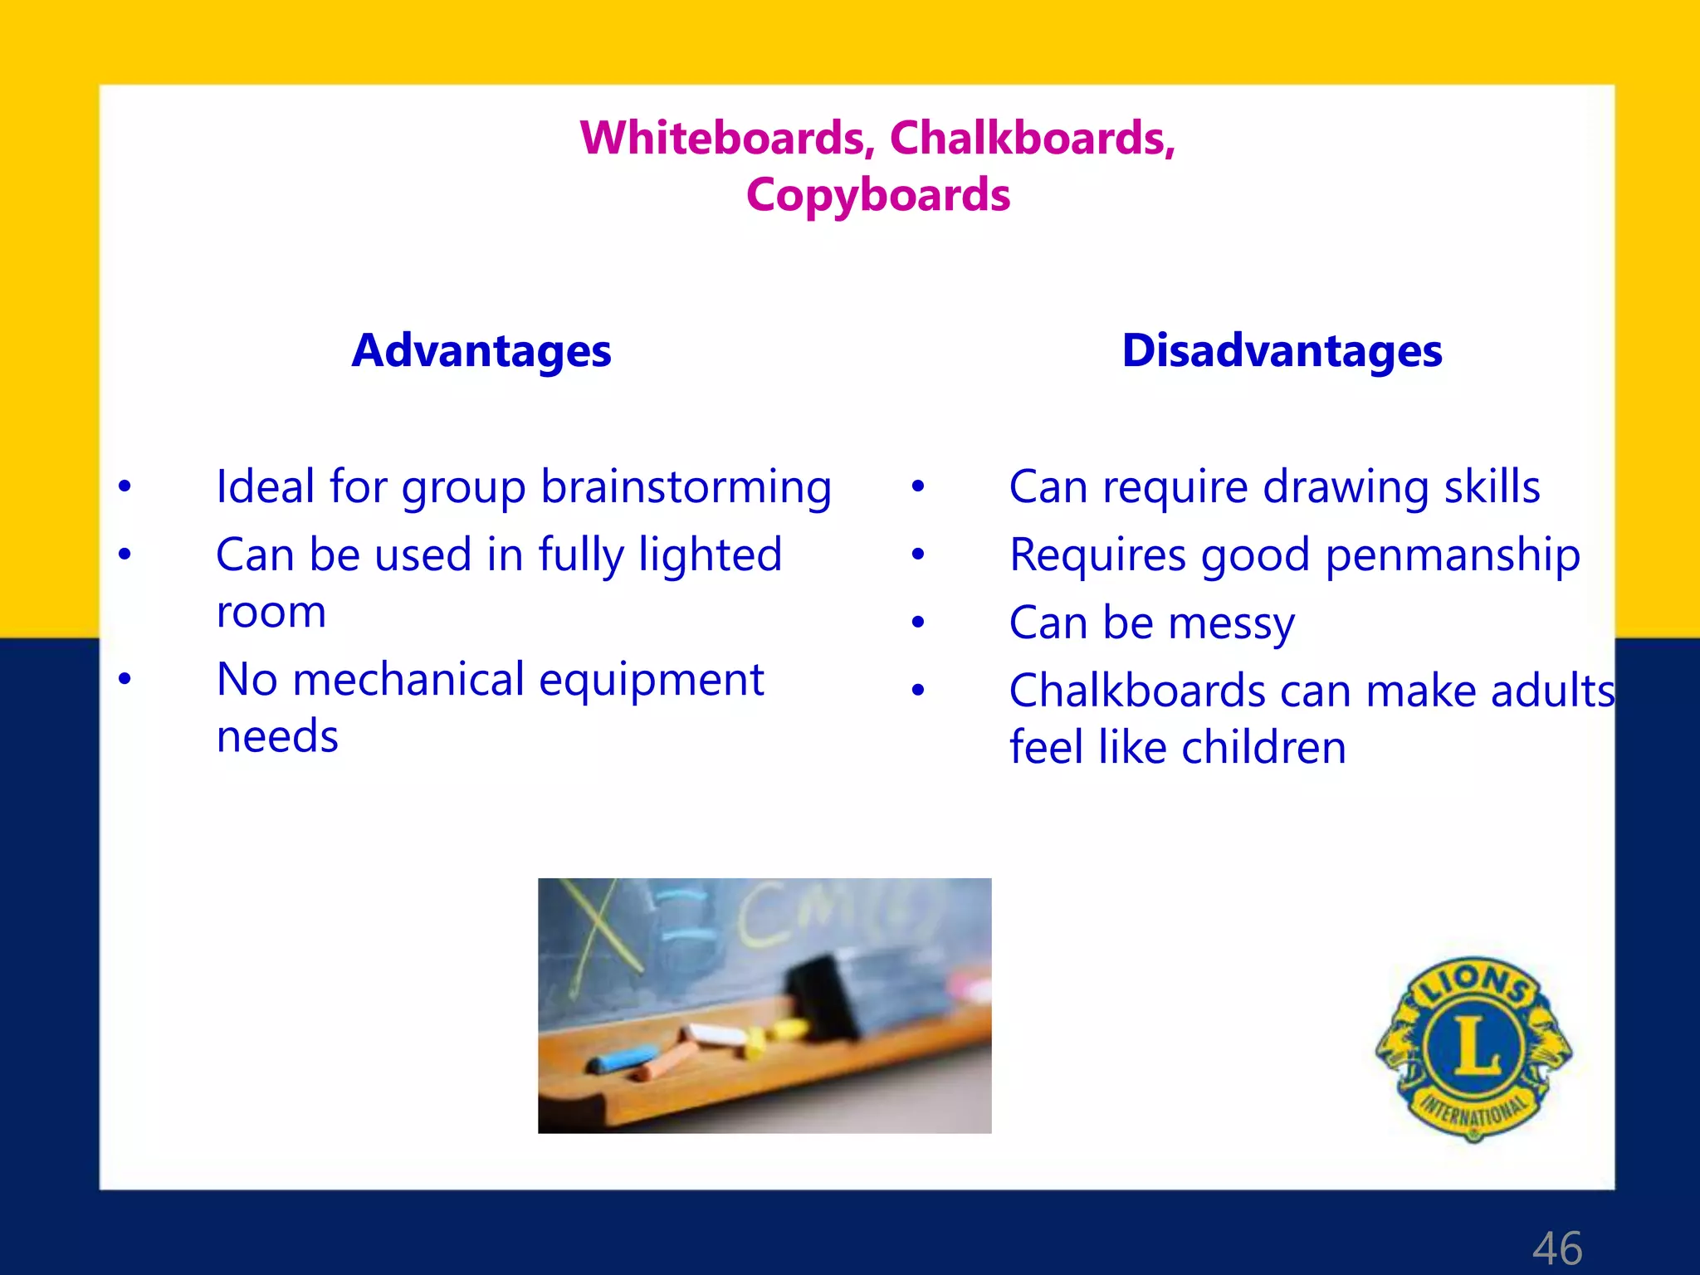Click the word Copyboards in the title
pyautogui.click(x=878, y=195)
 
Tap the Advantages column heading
pyautogui.click(x=481, y=350)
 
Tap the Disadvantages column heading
pyautogui.click(x=1282, y=350)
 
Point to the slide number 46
pyautogui.click(x=1557, y=1248)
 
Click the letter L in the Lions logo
pyautogui.click(x=1475, y=1045)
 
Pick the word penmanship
pyautogui.click(x=1453, y=555)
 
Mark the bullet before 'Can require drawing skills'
pyautogui.click(x=917, y=486)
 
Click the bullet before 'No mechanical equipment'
pyautogui.click(x=125, y=679)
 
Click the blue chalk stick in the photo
pyautogui.click(x=619, y=1060)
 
